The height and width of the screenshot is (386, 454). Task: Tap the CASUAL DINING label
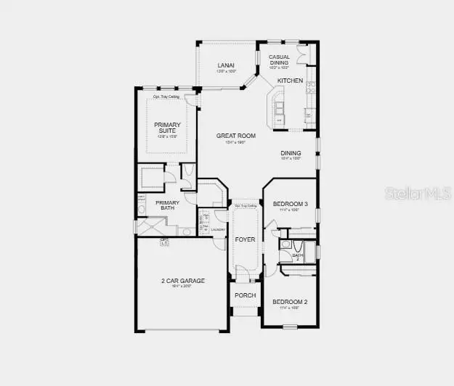click(x=279, y=60)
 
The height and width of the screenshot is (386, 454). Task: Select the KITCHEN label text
click(x=290, y=80)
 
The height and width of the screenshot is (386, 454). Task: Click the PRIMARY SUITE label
click(x=167, y=128)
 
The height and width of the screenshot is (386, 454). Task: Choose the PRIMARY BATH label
click(x=167, y=205)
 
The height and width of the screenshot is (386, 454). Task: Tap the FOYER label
click(x=245, y=239)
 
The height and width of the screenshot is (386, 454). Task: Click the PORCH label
click(x=245, y=295)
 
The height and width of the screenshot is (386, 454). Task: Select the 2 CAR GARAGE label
click(x=183, y=280)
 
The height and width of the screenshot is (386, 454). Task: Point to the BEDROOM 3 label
click(x=290, y=205)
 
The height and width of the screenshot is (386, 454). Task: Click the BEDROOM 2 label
click(x=290, y=301)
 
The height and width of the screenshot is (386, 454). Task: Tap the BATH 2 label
click(x=298, y=257)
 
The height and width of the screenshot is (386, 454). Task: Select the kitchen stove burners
click(x=311, y=88)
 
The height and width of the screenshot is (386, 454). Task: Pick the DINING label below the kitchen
click(x=291, y=153)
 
